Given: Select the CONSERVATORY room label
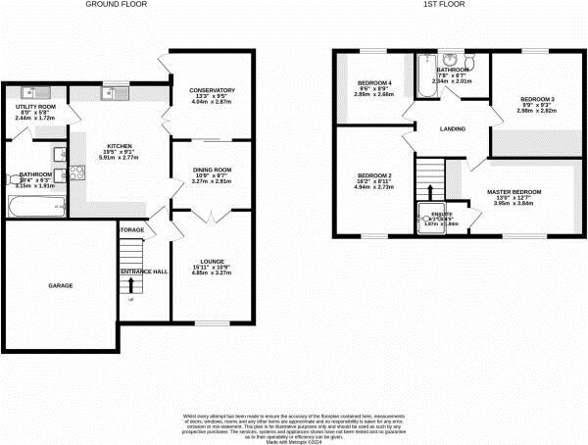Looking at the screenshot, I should pos(213,90).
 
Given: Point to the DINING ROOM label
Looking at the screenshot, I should pos(211,170).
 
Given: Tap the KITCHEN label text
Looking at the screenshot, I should pos(119,146).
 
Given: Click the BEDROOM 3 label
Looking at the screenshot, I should pos(537,99).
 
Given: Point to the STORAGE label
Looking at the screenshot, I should pos(131,230).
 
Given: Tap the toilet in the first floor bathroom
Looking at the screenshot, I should pos(472,64).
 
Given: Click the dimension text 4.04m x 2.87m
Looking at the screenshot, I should pos(213,102).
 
